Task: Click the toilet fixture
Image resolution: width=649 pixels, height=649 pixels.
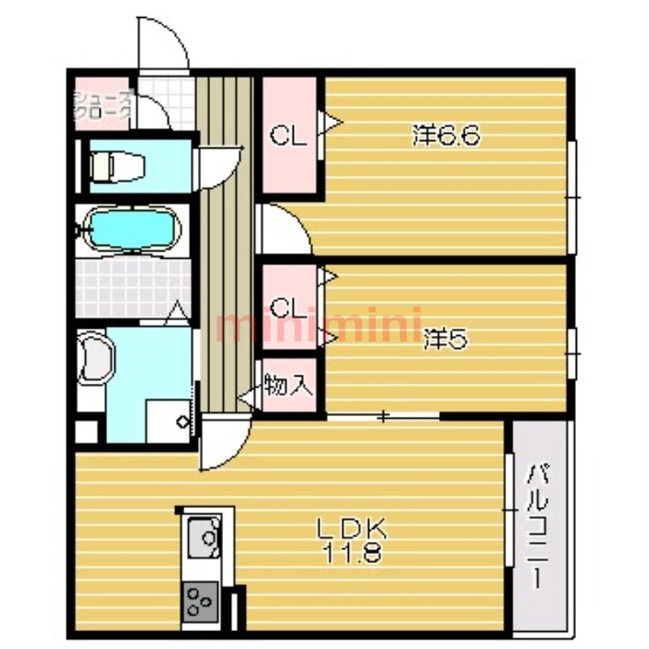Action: [x=117, y=166]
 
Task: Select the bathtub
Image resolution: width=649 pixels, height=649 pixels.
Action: [x=132, y=229]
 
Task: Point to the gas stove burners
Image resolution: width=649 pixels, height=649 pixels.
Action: [x=200, y=601]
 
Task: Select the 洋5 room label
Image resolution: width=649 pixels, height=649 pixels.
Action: [x=445, y=339]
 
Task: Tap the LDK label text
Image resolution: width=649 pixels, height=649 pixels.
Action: [x=351, y=529]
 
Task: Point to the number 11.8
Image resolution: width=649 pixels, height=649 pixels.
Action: [x=351, y=552]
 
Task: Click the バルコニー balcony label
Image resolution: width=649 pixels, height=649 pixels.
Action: [x=537, y=526]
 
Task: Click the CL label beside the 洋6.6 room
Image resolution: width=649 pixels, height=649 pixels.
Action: [x=289, y=135]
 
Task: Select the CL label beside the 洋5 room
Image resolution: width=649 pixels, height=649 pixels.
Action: [x=289, y=307]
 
